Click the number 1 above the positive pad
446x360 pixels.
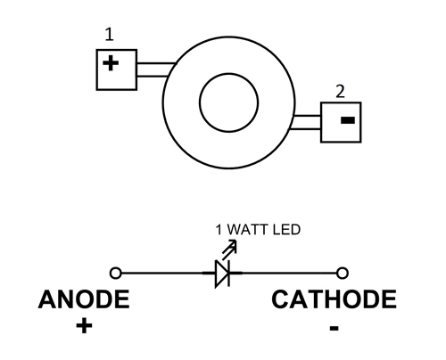110,35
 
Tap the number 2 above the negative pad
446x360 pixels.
340,92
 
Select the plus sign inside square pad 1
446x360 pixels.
111,63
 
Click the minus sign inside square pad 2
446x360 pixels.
348,120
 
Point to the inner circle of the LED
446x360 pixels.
200,102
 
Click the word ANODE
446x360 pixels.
84,299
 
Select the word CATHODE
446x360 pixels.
334,299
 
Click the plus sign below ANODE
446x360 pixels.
84,326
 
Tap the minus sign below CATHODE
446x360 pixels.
334,328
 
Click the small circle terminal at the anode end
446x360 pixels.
116,273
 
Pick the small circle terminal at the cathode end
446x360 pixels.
343,273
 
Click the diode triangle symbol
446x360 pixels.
222,274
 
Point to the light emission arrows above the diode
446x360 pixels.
230,248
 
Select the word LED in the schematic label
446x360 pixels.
286,230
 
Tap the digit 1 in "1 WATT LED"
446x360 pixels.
219,230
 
